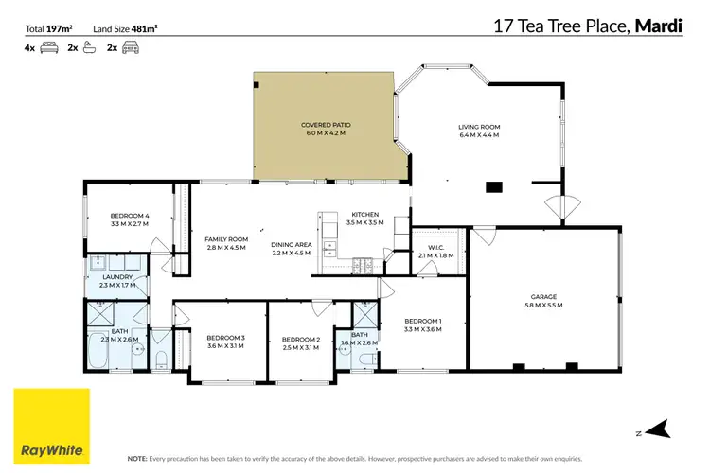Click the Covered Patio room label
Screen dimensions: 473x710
pyautogui.click(x=324, y=126)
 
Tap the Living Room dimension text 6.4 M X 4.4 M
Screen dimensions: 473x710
pyautogui.click(x=478, y=136)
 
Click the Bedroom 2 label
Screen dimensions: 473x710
pyautogui.click(x=301, y=339)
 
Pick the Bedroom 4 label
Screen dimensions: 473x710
pyautogui.click(x=130, y=217)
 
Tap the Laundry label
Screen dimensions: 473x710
pyautogui.click(x=118, y=276)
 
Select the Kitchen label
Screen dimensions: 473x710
pyautogui.click(x=364, y=215)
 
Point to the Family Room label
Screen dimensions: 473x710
pyautogui.click(x=226, y=239)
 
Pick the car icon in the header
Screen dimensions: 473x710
pyautogui.click(x=130, y=46)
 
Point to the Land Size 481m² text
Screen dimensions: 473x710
pyautogui.click(x=125, y=28)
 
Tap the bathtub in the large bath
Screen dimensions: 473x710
pyautogui.click(x=98, y=352)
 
